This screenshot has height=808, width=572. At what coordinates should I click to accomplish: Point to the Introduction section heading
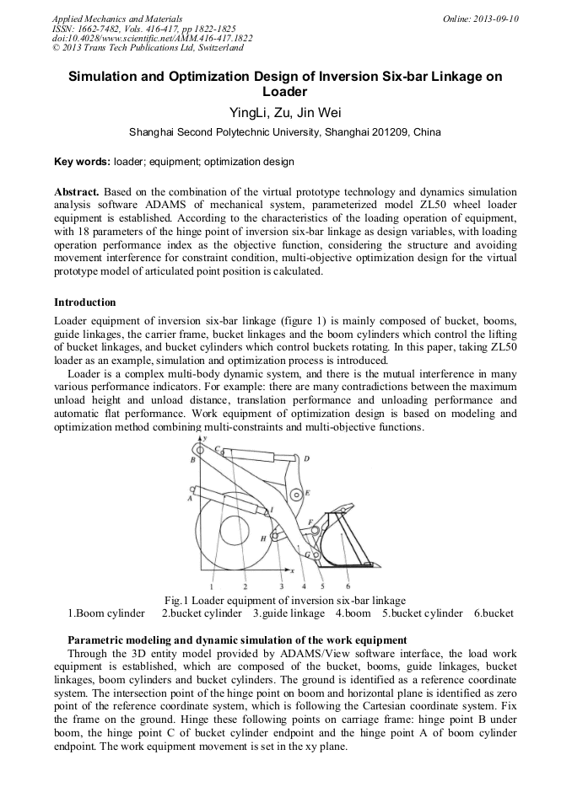(85, 302)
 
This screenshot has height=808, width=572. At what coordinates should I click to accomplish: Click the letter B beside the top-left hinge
(192, 460)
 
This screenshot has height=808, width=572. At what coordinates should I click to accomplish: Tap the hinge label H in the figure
(263, 537)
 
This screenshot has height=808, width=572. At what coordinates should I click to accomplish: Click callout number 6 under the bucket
(348, 586)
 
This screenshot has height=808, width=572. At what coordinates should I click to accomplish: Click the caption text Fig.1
(175, 600)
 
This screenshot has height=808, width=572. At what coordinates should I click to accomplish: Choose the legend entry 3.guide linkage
(289, 613)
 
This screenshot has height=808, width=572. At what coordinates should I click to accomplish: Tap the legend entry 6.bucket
(494, 613)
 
